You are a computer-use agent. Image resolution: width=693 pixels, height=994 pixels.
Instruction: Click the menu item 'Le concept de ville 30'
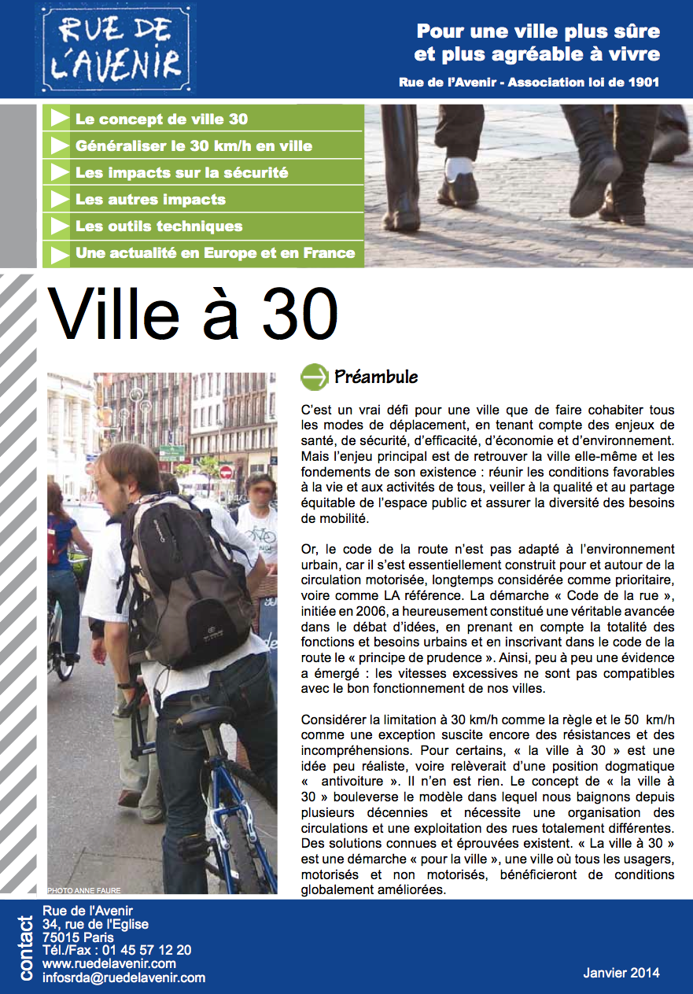161,120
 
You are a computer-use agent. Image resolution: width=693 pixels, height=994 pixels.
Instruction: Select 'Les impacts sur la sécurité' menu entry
182,173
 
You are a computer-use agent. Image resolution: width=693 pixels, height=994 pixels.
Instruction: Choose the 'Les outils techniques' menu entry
159,226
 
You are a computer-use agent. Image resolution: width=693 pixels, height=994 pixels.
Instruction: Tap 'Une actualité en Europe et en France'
215,253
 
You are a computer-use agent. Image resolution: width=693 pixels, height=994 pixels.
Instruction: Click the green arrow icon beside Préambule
315,377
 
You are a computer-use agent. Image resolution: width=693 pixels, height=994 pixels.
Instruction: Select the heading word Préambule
376,377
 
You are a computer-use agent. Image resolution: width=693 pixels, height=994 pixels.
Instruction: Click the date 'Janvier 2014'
621,973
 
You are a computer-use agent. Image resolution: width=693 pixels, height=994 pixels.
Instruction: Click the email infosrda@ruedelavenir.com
123,978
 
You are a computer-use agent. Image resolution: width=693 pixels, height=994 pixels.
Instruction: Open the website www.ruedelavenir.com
109,964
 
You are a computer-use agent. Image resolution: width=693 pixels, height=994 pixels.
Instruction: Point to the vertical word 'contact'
26,948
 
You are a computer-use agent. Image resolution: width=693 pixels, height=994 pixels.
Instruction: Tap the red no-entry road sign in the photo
226,472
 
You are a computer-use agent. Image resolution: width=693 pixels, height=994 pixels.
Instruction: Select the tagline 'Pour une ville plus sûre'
538,32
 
